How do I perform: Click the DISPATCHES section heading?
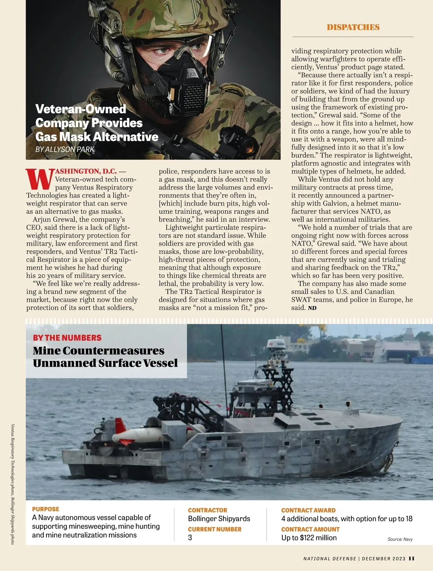353,27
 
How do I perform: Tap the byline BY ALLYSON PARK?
65,149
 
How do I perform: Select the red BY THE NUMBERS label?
67,338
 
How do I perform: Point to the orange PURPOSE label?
45,509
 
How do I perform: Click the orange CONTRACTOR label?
207,510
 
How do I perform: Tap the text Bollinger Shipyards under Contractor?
219,519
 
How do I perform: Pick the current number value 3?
190,537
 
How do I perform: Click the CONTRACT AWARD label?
308,510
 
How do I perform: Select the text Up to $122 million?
309,538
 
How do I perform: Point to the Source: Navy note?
400,539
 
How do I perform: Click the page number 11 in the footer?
412,558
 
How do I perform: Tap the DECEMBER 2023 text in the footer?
384,559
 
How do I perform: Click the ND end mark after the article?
312,308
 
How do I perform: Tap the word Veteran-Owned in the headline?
81,109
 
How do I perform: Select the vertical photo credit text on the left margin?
13,484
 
